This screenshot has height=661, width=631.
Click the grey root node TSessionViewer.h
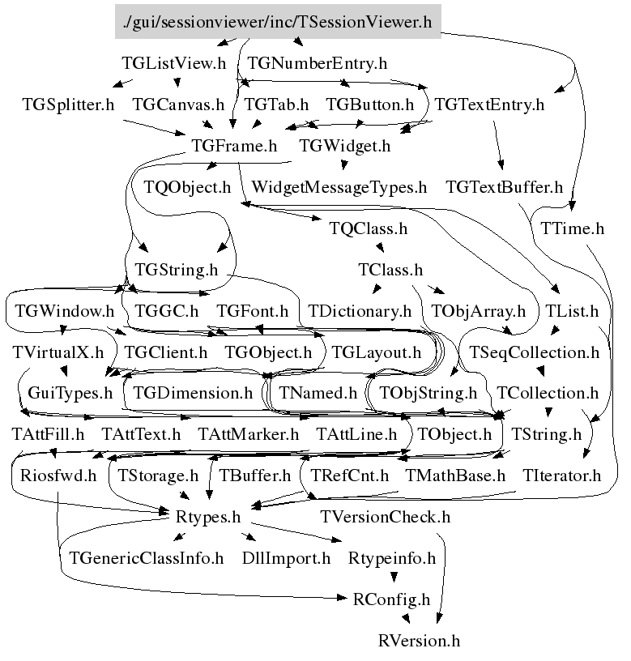[x=278, y=22]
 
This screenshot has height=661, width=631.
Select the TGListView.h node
[x=173, y=63]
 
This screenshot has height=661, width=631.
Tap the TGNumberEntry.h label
[x=317, y=63]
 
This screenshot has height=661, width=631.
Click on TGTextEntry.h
[x=489, y=104]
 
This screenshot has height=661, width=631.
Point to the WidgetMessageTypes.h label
[x=339, y=188]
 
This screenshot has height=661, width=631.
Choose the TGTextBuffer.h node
[x=504, y=188]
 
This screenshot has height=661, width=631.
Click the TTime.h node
[x=572, y=228]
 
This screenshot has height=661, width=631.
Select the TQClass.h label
[x=369, y=228]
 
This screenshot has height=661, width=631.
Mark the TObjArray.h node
[x=478, y=311]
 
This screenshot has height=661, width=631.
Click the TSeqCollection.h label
[x=534, y=353]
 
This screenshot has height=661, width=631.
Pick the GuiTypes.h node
[x=70, y=394]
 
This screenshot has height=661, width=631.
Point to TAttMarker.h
[x=248, y=435]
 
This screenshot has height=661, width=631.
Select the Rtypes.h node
[x=208, y=516]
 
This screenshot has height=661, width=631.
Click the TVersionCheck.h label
[x=386, y=517]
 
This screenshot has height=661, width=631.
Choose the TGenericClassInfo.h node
[x=147, y=558]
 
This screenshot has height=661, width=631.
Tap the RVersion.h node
[x=419, y=641]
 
